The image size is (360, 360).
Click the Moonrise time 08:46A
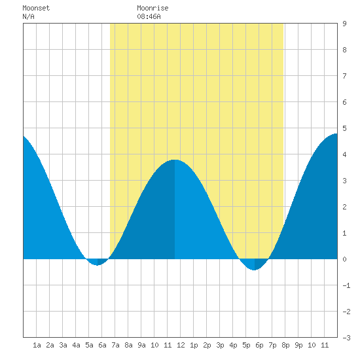tap(149, 16)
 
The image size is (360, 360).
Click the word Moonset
tap(36, 8)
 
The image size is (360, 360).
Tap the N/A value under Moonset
tap(28, 16)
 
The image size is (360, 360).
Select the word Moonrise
tap(153, 8)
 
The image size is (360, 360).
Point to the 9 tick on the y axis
tap(344, 24)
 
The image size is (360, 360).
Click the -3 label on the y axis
tap(346, 338)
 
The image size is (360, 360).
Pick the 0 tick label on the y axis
tap(344, 259)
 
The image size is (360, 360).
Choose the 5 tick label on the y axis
tap(344, 128)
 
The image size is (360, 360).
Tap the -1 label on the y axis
tap(346, 285)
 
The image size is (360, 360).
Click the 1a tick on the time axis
tap(37, 345)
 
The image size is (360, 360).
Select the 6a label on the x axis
tap(102, 345)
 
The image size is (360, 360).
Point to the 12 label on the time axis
tap(181, 345)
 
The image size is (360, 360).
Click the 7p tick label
tap(272, 345)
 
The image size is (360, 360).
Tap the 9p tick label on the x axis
tap(298, 345)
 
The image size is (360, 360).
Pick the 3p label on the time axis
tap(220, 345)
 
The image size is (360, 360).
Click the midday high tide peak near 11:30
tap(175, 160)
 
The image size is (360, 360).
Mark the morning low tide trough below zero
tap(98, 265)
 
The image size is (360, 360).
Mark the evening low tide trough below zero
tap(255, 270)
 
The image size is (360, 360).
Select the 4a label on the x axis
tap(76, 345)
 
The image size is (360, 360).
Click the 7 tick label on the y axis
tap(344, 76)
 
